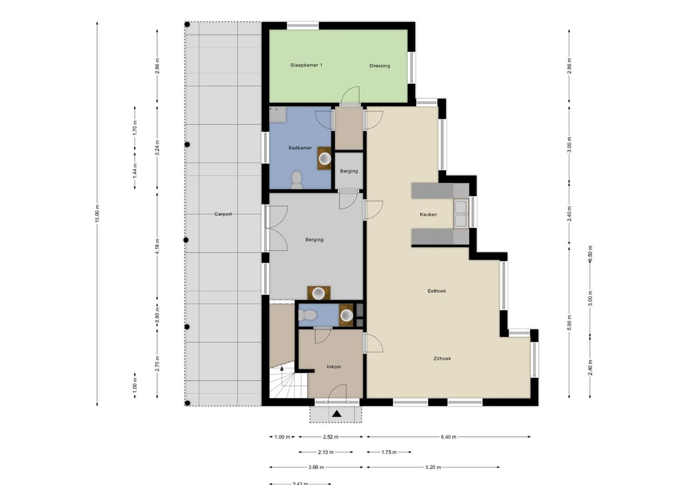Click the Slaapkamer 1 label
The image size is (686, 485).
pos(306,65)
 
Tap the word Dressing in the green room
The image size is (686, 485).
pos(380,66)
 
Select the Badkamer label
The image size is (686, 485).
pos(300,148)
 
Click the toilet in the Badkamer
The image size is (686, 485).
pos(296,180)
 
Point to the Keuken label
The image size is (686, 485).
pos(428,215)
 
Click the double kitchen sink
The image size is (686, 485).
pos(461,214)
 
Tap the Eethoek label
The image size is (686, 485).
pos(437,291)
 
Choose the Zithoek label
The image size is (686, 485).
pos(442,359)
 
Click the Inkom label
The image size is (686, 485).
pos(334,367)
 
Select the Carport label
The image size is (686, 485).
pos(223,214)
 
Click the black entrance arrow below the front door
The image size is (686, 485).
pos(337,414)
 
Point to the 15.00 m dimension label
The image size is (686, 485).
pos(97,214)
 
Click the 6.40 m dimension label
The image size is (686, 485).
pos(448,437)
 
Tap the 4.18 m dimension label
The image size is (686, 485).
pos(157,246)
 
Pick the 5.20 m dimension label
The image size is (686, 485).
pos(433,467)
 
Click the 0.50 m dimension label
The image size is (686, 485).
pos(590,253)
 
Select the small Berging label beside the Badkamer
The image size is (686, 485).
pos(349,171)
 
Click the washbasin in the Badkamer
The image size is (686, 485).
pos(324,159)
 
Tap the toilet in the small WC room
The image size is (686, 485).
pos(308,315)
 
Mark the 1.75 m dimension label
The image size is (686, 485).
pos(389,452)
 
